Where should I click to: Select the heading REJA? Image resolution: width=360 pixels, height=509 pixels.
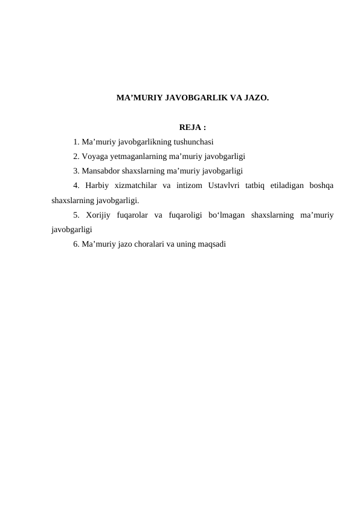pyautogui.click(x=191, y=128)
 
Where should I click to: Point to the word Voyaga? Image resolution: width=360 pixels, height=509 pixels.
pyautogui.click(x=94, y=157)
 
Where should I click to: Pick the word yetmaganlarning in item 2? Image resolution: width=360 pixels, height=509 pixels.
pyautogui.click(x=137, y=157)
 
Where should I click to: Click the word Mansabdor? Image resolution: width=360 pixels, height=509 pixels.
pyautogui.click(x=100, y=171)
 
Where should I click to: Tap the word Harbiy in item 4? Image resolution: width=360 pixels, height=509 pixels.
pyautogui.click(x=96, y=186)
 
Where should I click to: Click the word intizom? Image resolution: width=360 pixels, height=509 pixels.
pyautogui.click(x=188, y=186)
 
